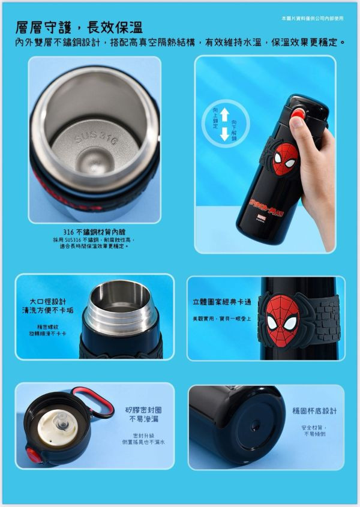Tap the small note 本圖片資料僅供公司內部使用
click(x=312, y=18)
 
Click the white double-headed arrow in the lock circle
click(x=224, y=124)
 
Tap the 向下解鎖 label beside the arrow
click(x=234, y=130)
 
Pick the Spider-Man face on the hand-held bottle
click(x=285, y=159)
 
